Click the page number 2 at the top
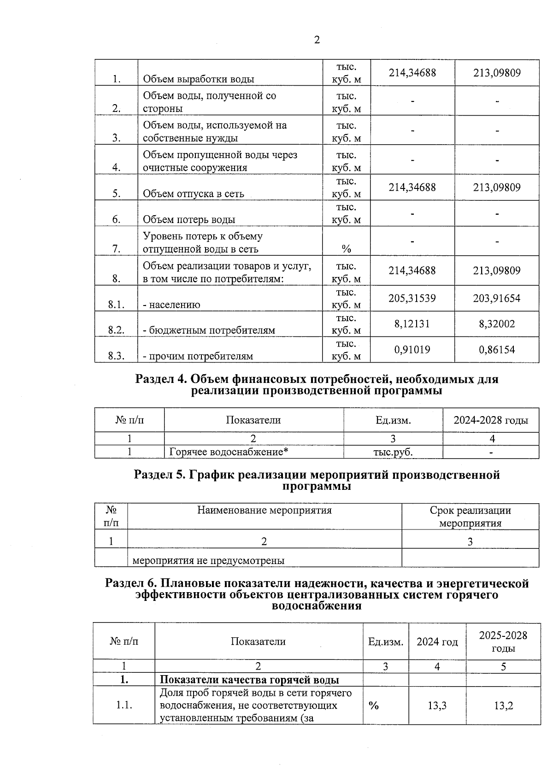coord(317,40)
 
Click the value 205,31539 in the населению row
coord(412,298)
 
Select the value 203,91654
coord(497,298)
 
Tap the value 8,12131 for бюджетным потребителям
coord(412,324)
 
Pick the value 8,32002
coord(497,324)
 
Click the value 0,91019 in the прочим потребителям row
coord(412,350)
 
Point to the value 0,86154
coord(497,350)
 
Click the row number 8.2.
coord(116,330)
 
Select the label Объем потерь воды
coord(189,220)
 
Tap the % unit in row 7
coord(346,249)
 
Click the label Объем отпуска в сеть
coord(194,194)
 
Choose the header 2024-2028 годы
coord(491,420)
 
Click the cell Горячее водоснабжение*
coord(229,452)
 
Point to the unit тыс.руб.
coord(393,452)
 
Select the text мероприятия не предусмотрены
coord(208,561)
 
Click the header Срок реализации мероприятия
coord(470,517)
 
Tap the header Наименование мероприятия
coord(265,511)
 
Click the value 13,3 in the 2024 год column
coord(437,706)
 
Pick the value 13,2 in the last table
coord(503,706)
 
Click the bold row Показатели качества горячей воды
coord(249,680)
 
